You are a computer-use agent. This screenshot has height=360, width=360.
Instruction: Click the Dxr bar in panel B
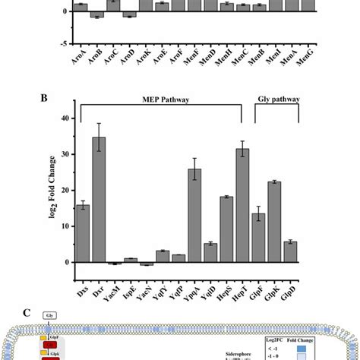(x=99, y=201)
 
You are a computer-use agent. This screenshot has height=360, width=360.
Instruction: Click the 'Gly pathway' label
(x=276, y=99)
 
